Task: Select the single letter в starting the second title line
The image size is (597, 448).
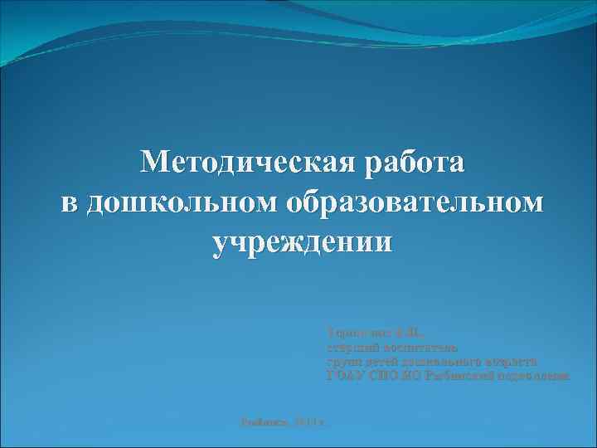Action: click(70, 202)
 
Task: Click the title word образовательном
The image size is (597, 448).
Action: click(415, 202)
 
